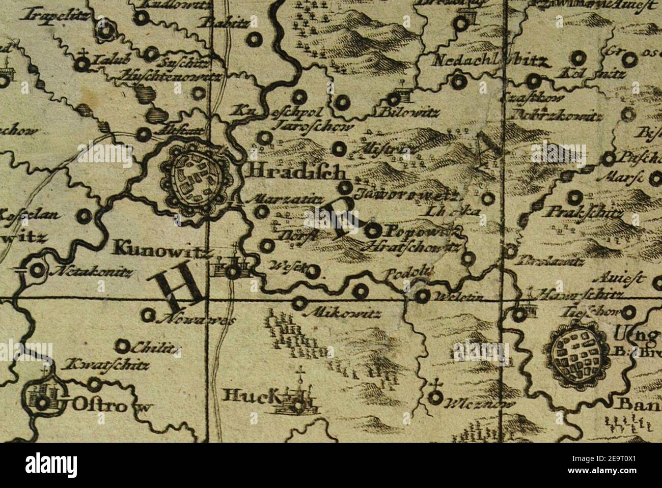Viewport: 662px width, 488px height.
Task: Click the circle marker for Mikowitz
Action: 299,303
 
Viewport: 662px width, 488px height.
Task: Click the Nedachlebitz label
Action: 490,62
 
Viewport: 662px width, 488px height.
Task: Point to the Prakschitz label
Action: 584,212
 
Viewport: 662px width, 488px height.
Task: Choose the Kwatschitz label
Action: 106,365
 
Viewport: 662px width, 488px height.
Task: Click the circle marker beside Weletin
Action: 422,296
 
